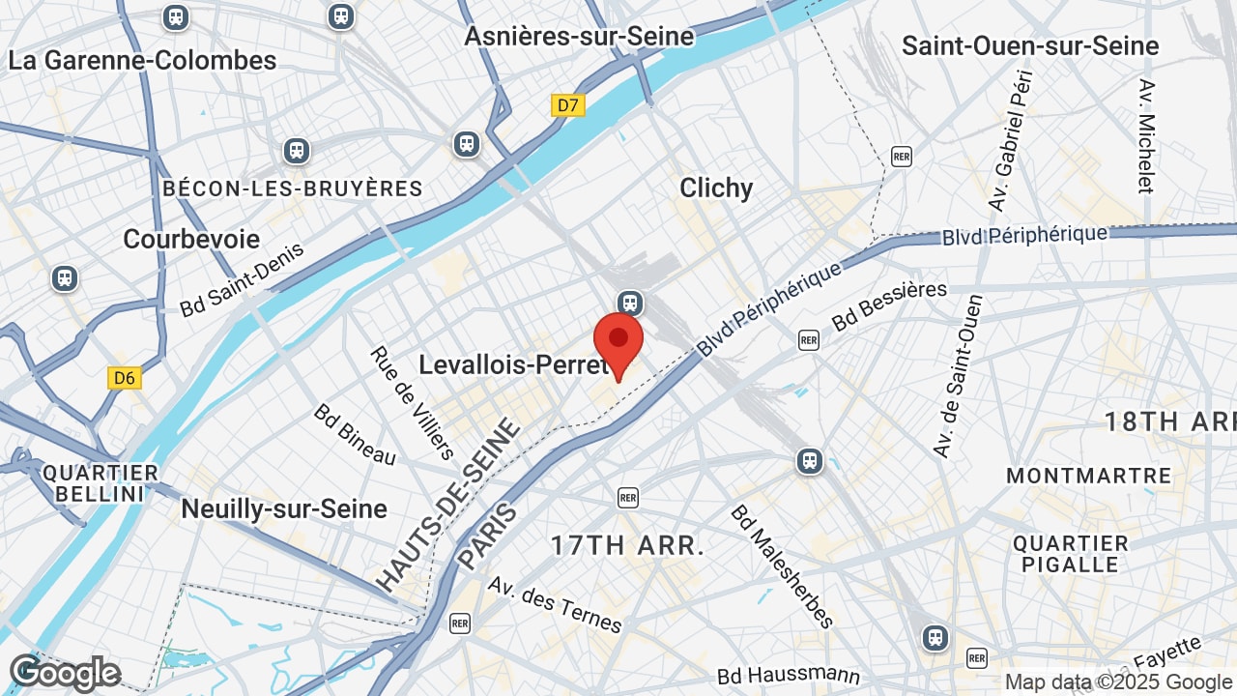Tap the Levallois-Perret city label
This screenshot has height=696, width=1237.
513,364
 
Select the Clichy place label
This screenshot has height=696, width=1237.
716,188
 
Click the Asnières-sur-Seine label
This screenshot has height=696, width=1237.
579,37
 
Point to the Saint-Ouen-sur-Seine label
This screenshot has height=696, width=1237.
1030,45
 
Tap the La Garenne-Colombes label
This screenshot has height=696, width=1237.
142,60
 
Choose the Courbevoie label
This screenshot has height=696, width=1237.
191,239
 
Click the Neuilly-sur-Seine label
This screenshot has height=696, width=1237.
284,508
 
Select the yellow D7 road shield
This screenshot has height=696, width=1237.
568,105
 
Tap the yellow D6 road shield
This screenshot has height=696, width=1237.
125,377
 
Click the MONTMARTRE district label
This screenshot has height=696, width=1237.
1088,476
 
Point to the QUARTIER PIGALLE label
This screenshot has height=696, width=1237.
1071,553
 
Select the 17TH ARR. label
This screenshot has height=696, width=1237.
627,545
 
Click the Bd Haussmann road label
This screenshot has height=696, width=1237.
789,675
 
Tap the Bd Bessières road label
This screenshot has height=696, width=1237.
889,304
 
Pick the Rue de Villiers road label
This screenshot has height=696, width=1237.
412,402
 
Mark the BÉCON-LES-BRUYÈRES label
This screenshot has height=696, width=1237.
293,188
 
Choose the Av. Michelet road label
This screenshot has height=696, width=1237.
1147,136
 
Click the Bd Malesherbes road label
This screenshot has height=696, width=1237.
782,565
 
